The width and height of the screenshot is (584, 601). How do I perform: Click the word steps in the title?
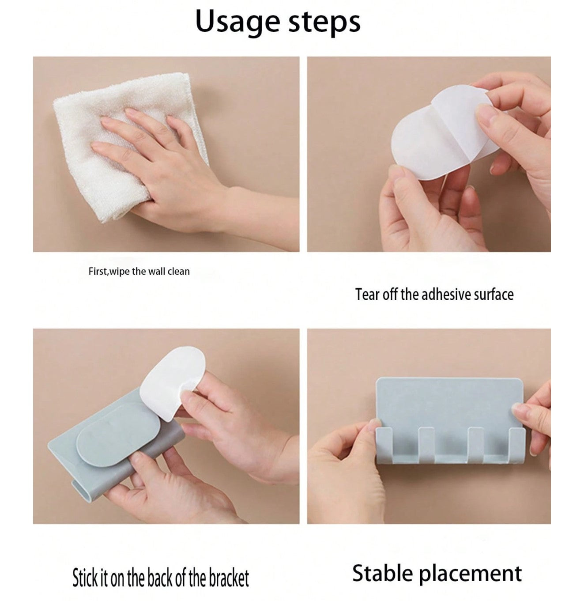click(x=324, y=22)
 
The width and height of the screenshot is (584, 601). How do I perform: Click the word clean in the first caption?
click(x=178, y=272)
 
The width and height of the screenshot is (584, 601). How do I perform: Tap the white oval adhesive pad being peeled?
click(x=445, y=133)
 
